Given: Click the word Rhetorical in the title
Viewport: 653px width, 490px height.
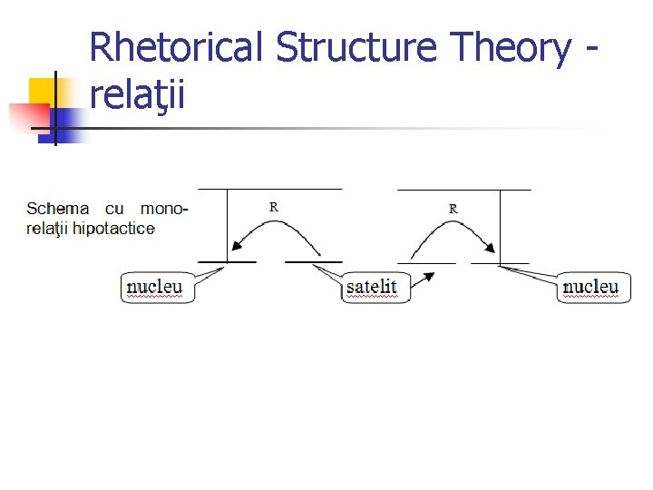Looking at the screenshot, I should pos(178,47).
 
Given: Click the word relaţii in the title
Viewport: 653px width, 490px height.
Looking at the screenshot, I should pos(138,93).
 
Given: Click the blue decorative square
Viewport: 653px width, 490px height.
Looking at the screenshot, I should pos(68,121).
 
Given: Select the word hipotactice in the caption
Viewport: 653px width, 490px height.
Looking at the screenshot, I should pos(114,228).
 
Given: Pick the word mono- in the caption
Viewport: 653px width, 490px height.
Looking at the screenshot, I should pos(164,210).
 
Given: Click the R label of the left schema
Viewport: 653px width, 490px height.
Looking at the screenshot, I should pos(274,207).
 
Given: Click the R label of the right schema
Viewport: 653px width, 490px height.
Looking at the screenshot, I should pos(453,209).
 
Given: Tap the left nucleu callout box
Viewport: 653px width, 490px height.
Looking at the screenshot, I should pos(157,287).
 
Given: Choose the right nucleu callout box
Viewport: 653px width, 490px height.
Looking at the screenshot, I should pos(593,287).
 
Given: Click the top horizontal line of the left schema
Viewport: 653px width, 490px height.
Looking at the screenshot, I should pos(270,189).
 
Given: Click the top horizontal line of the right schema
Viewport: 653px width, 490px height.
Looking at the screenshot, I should pos(464,190).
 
